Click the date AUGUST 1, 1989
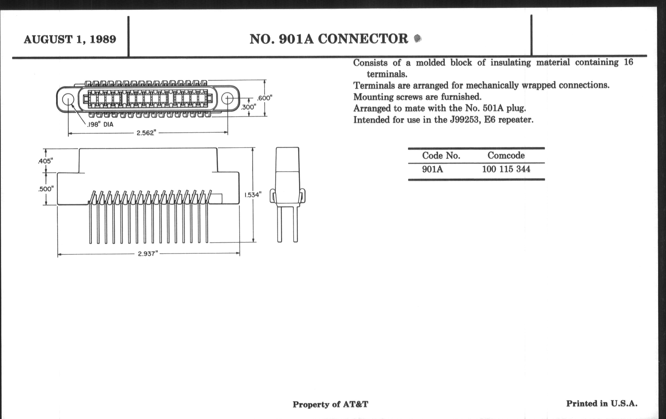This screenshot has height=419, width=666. tap(70, 39)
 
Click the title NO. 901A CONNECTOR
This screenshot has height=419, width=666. tap(329, 39)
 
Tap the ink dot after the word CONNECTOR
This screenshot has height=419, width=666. tap(418, 38)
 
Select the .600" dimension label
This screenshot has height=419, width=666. tap(265, 98)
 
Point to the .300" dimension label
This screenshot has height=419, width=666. tap(248, 107)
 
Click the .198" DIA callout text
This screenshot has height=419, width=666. tap(100, 125)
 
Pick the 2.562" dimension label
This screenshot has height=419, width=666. tap(146, 133)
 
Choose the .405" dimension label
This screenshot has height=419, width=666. tap(45, 161)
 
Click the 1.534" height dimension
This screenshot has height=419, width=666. tap(253, 195)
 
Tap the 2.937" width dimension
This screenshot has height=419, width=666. tap(148, 254)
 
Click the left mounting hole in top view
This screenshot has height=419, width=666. tap(68, 100)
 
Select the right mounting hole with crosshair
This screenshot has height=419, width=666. tap(227, 99)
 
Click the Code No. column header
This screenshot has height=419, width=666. tap(441, 156)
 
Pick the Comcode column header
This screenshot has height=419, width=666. tap(506, 156)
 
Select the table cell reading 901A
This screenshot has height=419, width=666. tap(432, 169)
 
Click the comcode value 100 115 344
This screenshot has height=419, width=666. tap(506, 169)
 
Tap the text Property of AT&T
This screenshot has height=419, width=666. tap(330, 404)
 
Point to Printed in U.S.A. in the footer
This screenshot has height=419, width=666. tap(602, 403)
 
